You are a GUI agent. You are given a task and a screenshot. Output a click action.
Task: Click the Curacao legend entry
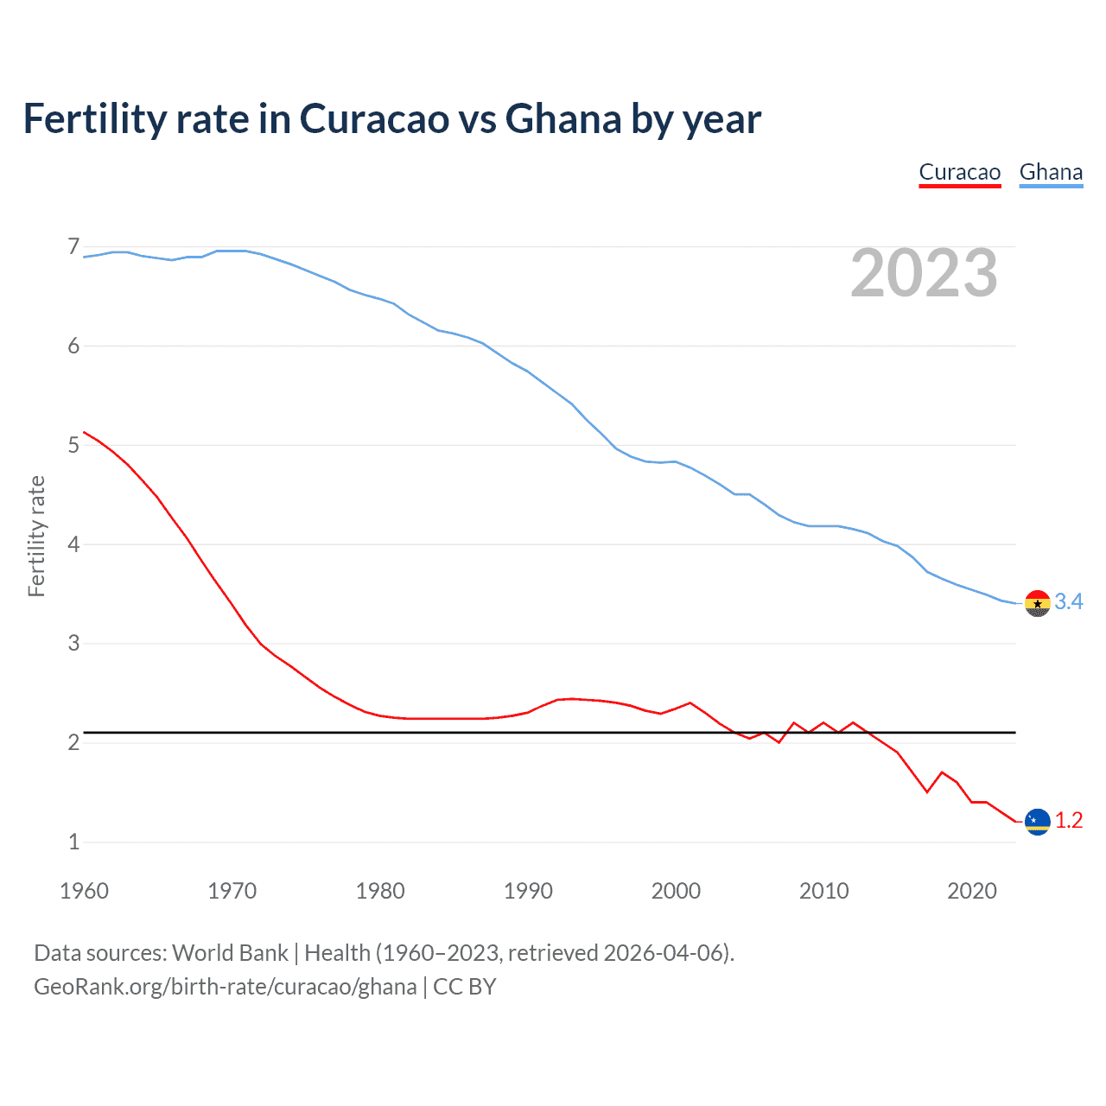coord(959,172)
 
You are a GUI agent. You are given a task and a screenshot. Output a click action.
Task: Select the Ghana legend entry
coord(1051,172)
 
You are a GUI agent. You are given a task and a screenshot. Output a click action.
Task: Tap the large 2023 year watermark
coord(924,273)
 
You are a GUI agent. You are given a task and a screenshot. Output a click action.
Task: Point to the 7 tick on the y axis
coord(73,247)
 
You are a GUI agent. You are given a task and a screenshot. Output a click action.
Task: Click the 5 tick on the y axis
coord(73,445)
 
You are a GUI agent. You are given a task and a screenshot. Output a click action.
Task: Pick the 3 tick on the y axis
coord(73,643)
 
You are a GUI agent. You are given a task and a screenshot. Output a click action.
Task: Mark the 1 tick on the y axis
coord(73,842)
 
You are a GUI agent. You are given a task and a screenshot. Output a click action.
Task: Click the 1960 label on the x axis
coord(84,891)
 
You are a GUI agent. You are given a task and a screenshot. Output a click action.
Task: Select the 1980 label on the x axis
coord(380,891)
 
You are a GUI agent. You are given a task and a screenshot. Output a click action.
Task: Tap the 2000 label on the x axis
coord(676,891)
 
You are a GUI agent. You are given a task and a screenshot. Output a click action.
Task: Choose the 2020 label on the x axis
coord(972,891)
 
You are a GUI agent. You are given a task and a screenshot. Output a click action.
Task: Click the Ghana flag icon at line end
coord(1037,603)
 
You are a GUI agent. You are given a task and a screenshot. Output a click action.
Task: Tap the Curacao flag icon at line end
coord(1037,821)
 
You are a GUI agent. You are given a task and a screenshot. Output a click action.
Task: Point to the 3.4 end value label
coord(1069,602)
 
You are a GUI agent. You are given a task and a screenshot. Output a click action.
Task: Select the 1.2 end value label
coord(1069,821)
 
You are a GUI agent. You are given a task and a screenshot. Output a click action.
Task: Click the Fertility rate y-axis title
coord(36,536)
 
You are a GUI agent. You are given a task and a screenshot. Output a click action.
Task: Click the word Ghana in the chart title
coord(563,119)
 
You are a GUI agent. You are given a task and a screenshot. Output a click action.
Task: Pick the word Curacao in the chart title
coord(374,119)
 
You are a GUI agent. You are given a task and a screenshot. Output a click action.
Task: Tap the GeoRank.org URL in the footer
coord(225,987)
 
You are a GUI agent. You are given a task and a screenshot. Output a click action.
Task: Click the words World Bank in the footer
coord(230,953)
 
